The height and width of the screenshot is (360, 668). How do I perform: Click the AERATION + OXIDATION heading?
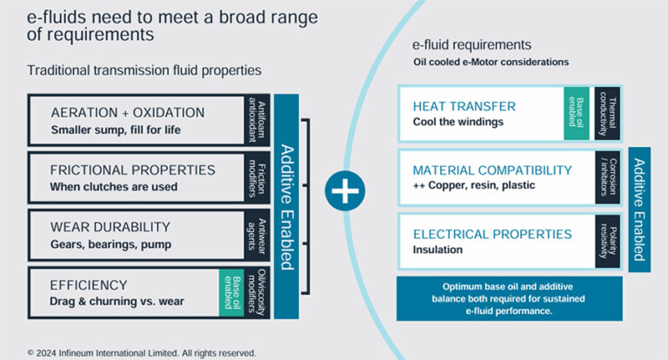tap(128, 112)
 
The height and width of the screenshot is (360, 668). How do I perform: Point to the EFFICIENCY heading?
tap(89, 284)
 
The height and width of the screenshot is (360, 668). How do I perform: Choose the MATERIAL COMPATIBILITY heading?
tap(492, 170)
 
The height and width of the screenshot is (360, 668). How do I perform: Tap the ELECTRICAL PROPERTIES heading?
tap(492, 234)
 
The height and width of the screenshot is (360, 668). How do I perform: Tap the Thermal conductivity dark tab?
tap(608, 113)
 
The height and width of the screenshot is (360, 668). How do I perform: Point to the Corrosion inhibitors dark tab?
tap(608, 177)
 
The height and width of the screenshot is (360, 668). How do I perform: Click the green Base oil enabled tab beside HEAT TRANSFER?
tap(576, 113)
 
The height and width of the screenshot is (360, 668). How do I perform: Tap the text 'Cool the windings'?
tap(458, 123)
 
